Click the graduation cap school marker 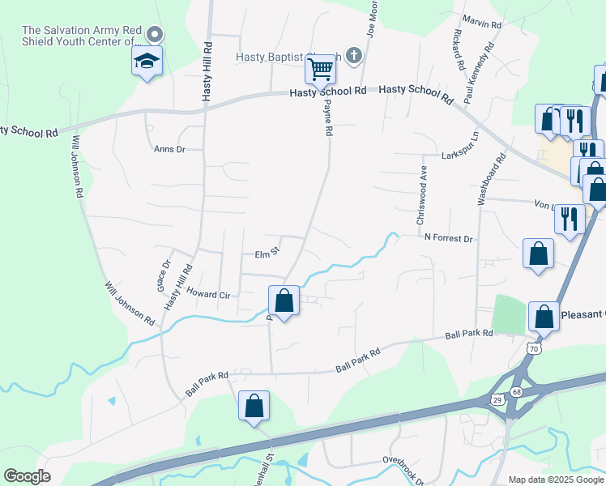pos(147,62)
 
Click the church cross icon pos(352,56)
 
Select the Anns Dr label pos(170,149)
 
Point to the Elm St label pos(267,254)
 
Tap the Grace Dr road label pos(164,275)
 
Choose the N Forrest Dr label pos(448,238)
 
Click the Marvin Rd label pos(483,24)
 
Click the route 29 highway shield pos(497,399)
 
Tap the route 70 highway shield pos(533,348)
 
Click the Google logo pos(27,475)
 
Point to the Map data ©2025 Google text pos(554,480)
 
